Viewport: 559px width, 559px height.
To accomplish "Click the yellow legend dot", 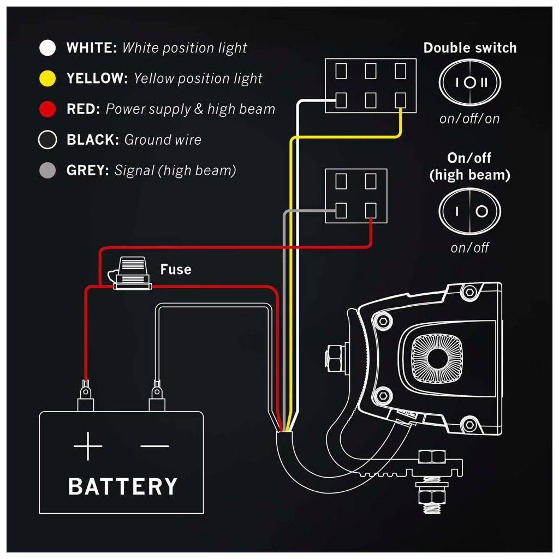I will [x=48, y=79].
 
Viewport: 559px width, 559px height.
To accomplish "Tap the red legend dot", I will [x=48, y=109].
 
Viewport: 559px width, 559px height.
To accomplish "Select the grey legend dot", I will [x=48, y=171].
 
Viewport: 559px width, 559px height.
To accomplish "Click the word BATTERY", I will [x=123, y=485].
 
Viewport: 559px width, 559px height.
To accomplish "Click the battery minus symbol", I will [x=154, y=445].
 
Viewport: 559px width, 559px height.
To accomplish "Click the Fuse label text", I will [x=175, y=269].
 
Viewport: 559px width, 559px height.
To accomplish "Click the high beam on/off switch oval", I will [x=469, y=211].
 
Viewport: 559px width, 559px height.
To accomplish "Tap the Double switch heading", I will [x=469, y=48].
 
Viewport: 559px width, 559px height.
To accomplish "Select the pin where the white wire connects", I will [x=341, y=99].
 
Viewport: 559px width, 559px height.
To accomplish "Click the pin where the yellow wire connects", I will [x=401, y=99].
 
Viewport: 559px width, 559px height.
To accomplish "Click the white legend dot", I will [x=48, y=48].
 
